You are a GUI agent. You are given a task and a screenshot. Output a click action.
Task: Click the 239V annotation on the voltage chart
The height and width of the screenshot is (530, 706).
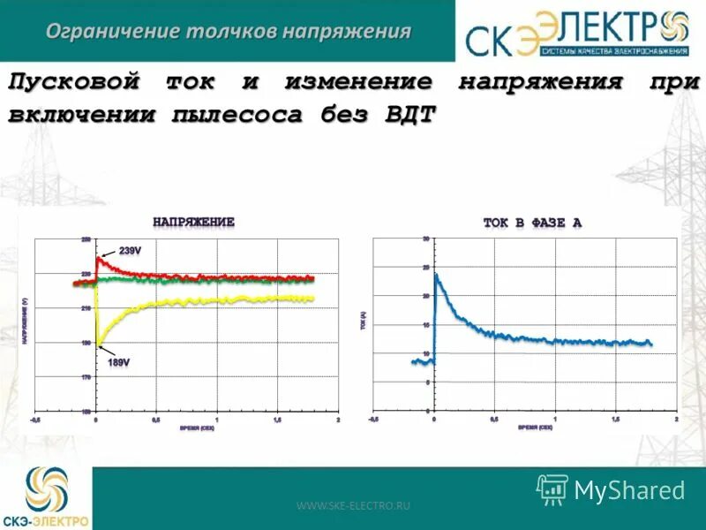[x=130, y=252]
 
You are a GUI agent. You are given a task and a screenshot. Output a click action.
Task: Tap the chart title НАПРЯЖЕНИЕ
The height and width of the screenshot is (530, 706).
[x=193, y=223]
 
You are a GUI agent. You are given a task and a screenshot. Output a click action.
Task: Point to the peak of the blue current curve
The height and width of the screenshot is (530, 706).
[x=436, y=275]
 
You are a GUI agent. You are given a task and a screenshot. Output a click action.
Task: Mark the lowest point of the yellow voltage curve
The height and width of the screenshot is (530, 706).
[x=97, y=345]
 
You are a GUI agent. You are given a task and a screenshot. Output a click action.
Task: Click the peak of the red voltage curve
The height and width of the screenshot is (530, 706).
[x=99, y=258]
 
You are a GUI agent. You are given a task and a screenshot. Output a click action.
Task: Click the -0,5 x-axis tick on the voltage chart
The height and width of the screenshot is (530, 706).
[x=35, y=420]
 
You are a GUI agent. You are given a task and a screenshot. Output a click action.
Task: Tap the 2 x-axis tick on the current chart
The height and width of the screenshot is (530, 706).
[x=676, y=420]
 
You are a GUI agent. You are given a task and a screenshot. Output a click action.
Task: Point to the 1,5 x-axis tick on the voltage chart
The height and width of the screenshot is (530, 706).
[x=277, y=420]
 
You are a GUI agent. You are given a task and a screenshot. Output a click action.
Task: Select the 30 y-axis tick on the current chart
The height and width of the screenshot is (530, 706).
[x=425, y=239]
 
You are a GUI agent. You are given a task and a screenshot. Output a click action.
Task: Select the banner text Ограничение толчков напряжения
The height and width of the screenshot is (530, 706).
[x=228, y=32]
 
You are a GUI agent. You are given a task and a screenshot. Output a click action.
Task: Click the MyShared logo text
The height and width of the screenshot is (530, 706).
[x=629, y=490]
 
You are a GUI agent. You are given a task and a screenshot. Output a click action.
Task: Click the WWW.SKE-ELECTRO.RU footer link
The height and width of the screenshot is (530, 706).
[x=353, y=505]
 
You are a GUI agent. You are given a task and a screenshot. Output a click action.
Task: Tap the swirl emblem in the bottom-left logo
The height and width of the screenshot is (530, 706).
[x=46, y=488]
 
